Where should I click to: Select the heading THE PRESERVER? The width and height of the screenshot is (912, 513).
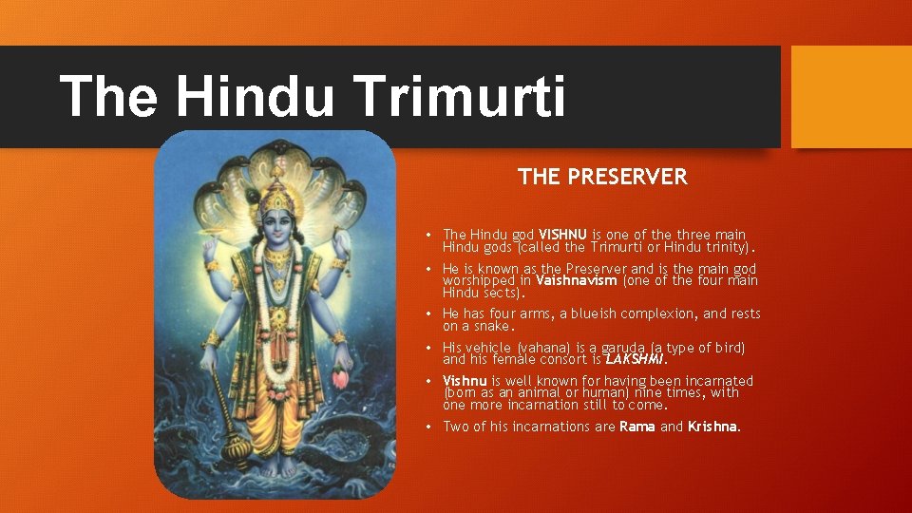[602, 177]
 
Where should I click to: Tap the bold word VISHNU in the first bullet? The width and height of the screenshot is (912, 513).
[563, 234]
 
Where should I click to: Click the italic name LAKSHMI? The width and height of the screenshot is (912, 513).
[636, 359]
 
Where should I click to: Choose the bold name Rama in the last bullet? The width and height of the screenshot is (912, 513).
[636, 427]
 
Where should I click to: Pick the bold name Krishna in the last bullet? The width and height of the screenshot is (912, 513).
[712, 427]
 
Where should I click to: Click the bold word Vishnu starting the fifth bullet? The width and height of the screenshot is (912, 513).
[465, 381]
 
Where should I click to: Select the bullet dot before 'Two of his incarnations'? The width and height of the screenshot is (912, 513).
[429, 427]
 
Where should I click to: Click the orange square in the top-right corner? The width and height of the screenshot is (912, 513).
[850, 97]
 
